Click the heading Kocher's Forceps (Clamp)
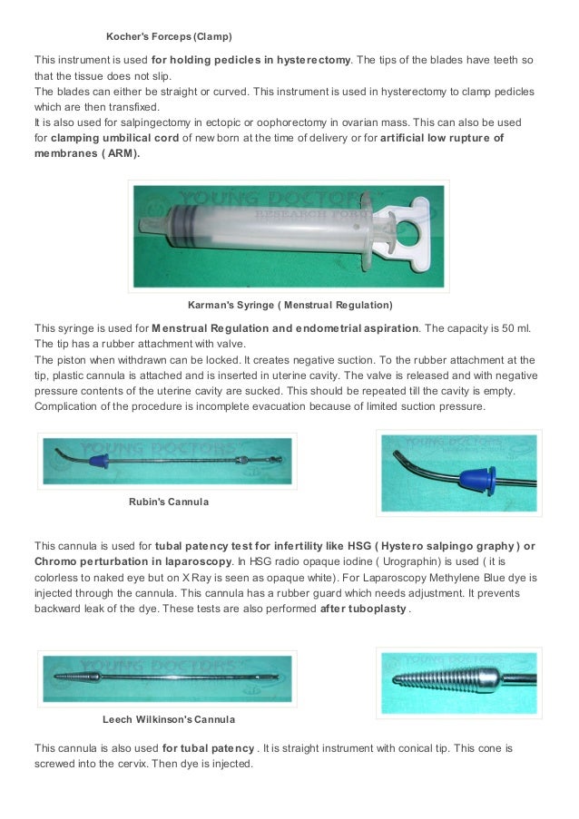[169, 37]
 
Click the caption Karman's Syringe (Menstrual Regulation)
[289, 304]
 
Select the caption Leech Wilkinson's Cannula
[168, 719]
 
